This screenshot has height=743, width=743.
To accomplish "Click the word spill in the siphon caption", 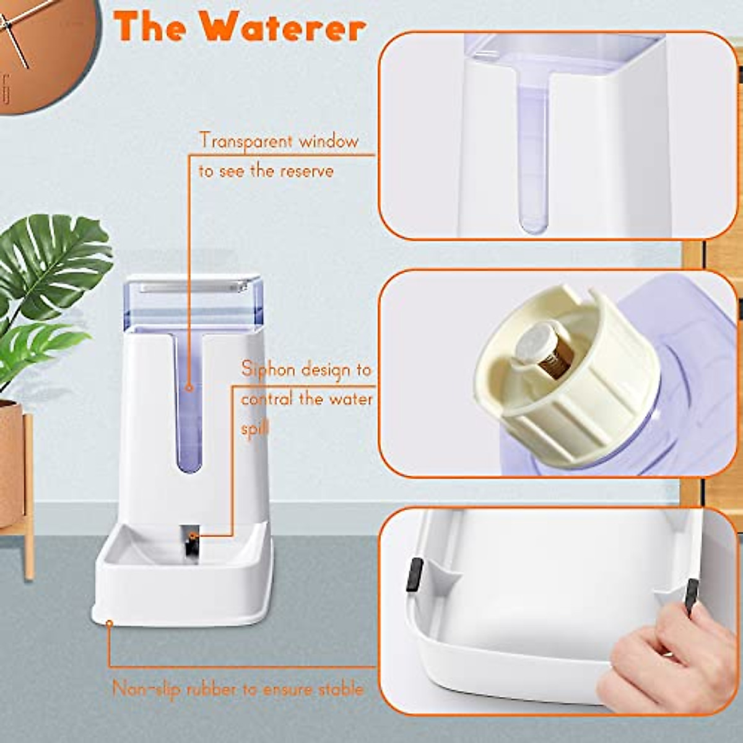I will (x=256, y=429).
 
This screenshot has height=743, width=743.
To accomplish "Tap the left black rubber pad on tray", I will (x=415, y=575).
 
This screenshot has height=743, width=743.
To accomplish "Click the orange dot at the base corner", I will (x=109, y=623).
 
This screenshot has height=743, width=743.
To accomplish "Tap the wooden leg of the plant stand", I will (x=28, y=495).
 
